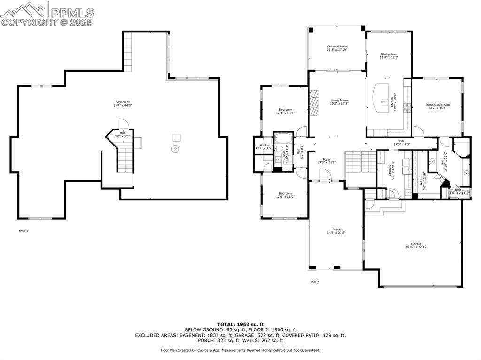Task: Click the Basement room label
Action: coord(123,102)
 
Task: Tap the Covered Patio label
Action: coord(337,46)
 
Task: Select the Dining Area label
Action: coord(389,54)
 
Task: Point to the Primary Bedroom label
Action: coord(437,105)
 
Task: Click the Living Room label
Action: coord(339,100)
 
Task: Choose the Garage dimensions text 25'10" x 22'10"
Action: coord(416,247)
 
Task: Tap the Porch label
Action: coord(336,230)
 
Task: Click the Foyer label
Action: coord(326,160)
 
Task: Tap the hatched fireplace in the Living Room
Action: coord(313,103)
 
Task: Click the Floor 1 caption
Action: coord(23,231)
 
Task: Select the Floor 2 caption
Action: coord(314,282)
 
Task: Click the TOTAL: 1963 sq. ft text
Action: coord(240,324)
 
